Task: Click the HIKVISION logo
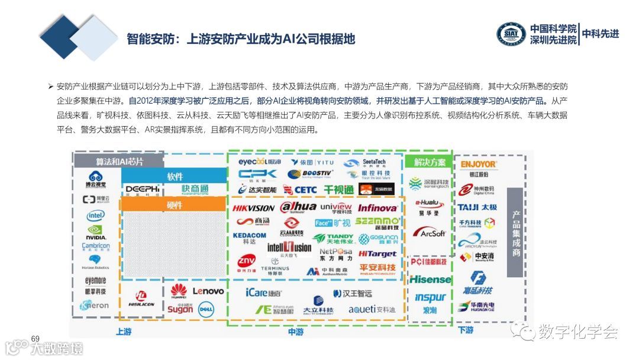253,208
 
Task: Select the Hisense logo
430,279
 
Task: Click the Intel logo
96,216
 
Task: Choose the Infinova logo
377,208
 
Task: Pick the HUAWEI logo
179,291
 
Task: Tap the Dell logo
205,308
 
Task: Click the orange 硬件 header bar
175,205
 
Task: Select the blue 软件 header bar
175,176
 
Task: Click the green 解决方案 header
430,162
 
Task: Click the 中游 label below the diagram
296,332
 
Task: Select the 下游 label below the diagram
466,330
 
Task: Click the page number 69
35,338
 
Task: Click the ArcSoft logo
430,233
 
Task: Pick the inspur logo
430,298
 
